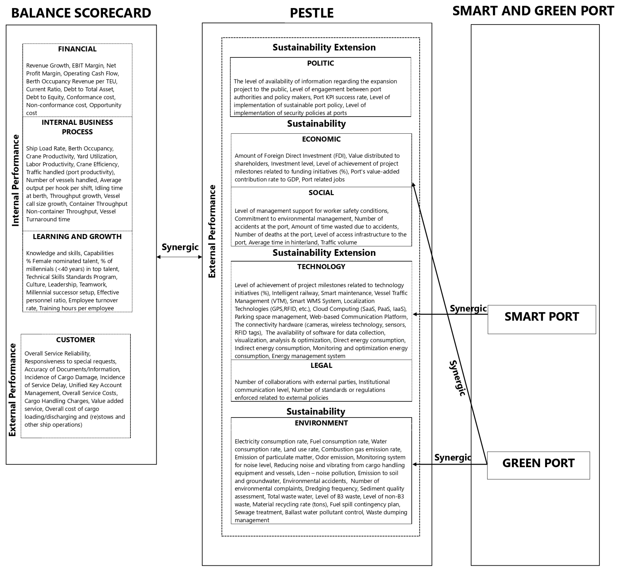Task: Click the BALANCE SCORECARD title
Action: point(81,13)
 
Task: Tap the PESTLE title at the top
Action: point(312,13)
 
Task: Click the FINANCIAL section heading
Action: point(77,49)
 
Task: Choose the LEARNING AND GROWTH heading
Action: point(77,237)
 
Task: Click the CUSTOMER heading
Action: point(76,340)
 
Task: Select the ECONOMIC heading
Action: point(321,139)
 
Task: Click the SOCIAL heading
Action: point(321,193)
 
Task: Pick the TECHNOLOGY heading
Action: point(321,267)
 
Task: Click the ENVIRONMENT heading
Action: point(321,423)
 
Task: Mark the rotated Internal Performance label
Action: point(16,180)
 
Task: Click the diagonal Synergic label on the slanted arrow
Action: point(457,378)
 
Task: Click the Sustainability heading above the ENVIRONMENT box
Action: point(316,411)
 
